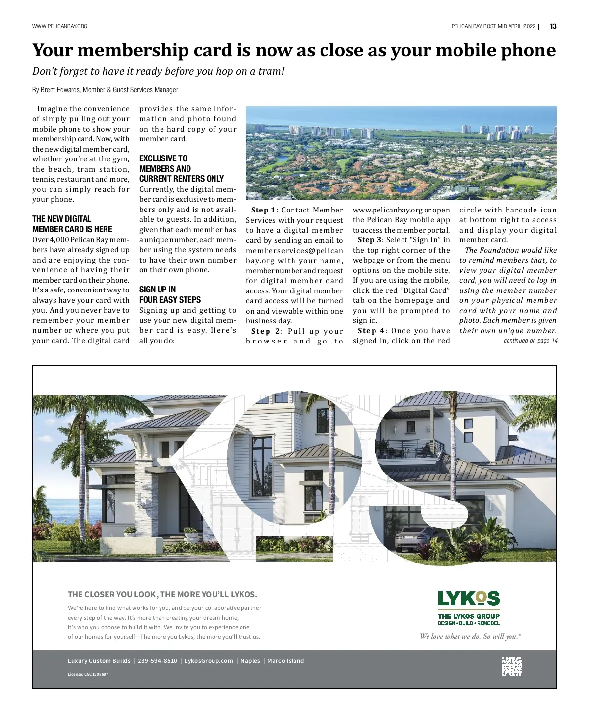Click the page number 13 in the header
click(553, 26)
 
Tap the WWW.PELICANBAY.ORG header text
click(60, 26)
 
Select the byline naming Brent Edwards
click(105, 90)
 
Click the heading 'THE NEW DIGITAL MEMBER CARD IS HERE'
click(72, 224)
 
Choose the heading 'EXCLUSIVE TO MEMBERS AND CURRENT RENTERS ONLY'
click(181, 168)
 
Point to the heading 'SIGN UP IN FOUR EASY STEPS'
click(170, 294)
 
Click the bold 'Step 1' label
click(263, 210)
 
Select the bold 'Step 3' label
click(370, 240)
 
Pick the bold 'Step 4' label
click(371, 331)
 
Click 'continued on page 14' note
click(530, 341)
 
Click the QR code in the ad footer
click(511, 666)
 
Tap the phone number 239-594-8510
click(157, 661)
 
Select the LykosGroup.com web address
click(209, 661)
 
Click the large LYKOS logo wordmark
click(469, 599)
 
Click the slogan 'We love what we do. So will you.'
click(470, 637)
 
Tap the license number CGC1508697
click(88, 674)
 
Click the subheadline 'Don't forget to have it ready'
click(159, 71)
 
